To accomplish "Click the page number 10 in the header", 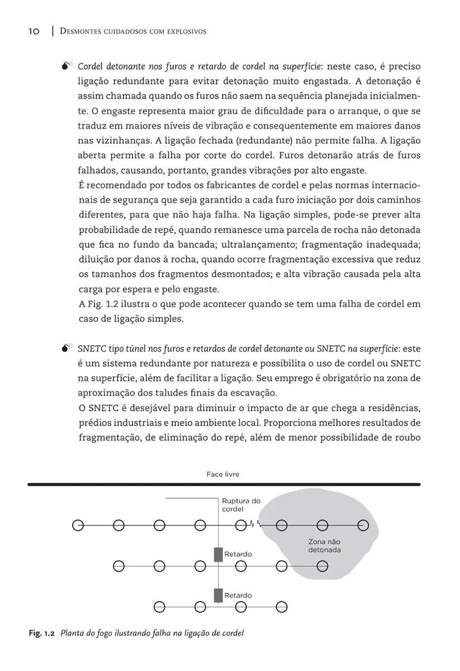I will pyautogui.click(x=34, y=31).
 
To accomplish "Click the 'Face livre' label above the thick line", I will pyautogui.click(x=223, y=474).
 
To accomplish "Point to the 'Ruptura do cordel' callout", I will pyautogui.click(x=241, y=505).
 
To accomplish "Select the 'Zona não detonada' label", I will pyautogui.click(x=324, y=546).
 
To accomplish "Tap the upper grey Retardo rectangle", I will pyautogui.click(x=218, y=554).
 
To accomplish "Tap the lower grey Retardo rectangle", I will pyautogui.click(x=218, y=596).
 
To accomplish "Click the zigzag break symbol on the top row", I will pyautogui.click(x=254, y=525).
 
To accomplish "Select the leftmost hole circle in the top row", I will pyautogui.click(x=78, y=525).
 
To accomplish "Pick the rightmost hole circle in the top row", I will pyautogui.click(x=363, y=525).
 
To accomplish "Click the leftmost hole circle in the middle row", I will pyautogui.click(x=118, y=565).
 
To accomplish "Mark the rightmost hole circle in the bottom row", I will pyautogui.click(x=282, y=606).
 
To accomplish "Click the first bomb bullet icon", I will pyautogui.click(x=67, y=67).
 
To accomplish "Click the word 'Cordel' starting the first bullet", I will pyautogui.click(x=90, y=67).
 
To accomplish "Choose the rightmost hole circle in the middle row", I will pyautogui.click(x=323, y=565).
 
